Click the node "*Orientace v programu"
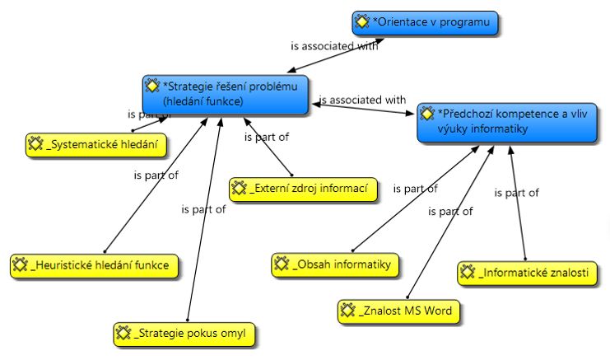coord(426,23)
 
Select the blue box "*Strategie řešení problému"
coord(226,94)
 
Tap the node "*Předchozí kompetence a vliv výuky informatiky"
coord(505,122)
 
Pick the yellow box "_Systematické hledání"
coord(91,144)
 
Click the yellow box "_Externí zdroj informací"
coord(304,188)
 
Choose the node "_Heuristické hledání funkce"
coord(94,265)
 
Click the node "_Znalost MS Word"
coord(399,311)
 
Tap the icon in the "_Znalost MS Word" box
coord(349,311)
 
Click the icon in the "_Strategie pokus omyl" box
coord(123,334)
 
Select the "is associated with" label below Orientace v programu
coord(334,47)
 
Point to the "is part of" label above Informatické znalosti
coord(516,193)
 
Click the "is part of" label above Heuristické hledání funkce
coord(156,175)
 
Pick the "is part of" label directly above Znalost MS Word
coord(450,212)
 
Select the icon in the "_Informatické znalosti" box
coord(468,272)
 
